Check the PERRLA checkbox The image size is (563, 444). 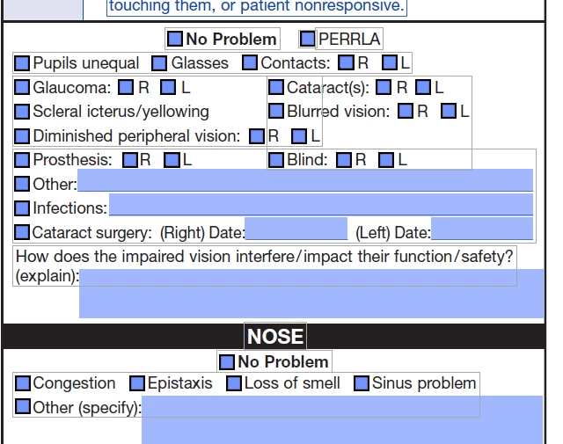(x=308, y=39)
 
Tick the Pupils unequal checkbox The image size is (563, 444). (x=22, y=63)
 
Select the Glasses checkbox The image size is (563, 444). (x=159, y=63)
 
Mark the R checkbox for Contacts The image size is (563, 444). (x=346, y=62)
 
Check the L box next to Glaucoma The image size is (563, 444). (x=168, y=87)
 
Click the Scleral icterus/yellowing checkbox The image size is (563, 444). (x=22, y=112)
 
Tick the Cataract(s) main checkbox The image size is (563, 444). (x=276, y=87)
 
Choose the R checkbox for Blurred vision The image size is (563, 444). (x=406, y=111)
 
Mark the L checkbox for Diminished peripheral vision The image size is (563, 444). (x=299, y=136)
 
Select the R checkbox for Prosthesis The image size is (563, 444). (x=130, y=160)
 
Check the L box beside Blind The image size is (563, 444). (x=386, y=160)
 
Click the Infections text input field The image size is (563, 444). (x=321, y=205)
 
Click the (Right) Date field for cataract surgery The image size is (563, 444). (x=296, y=229)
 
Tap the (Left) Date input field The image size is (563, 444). (x=482, y=229)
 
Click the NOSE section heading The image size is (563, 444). (x=275, y=337)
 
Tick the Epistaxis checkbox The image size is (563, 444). (x=137, y=383)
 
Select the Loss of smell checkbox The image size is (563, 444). (x=234, y=383)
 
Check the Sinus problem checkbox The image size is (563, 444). (x=362, y=383)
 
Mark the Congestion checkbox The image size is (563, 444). (x=23, y=383)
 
